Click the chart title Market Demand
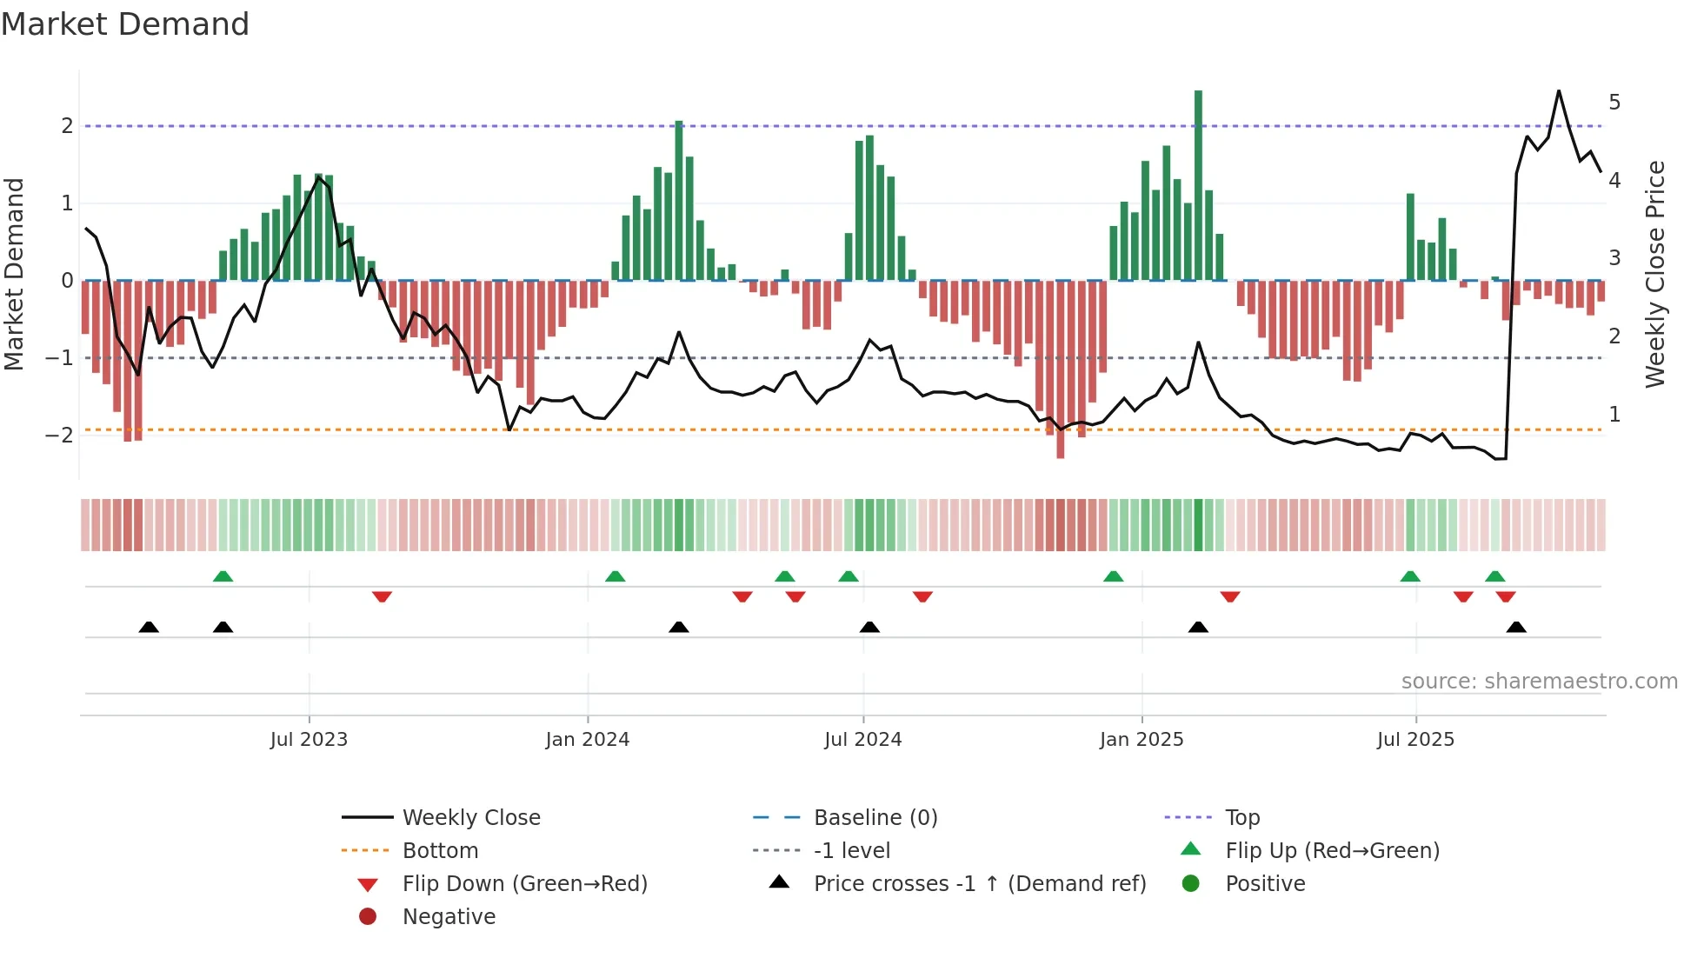(125, 24)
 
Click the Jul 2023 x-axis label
(309, 740)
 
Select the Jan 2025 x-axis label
(1142, 740)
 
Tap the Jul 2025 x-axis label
(1415, 740)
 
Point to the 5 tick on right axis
(1614, 103)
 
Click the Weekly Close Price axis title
(1655, 274)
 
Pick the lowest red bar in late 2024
(1061, 369)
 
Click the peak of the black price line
(1559, 91)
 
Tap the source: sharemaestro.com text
(1539, 682)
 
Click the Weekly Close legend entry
(471, 818)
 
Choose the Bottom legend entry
(440, 851)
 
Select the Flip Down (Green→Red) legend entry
(524, 884)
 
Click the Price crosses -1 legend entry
(980, 884)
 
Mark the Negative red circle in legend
(368, 917)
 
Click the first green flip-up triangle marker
(223, 576)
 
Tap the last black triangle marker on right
(1516, 628)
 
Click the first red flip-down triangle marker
(382, 596)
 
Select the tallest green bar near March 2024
(679, 200)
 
